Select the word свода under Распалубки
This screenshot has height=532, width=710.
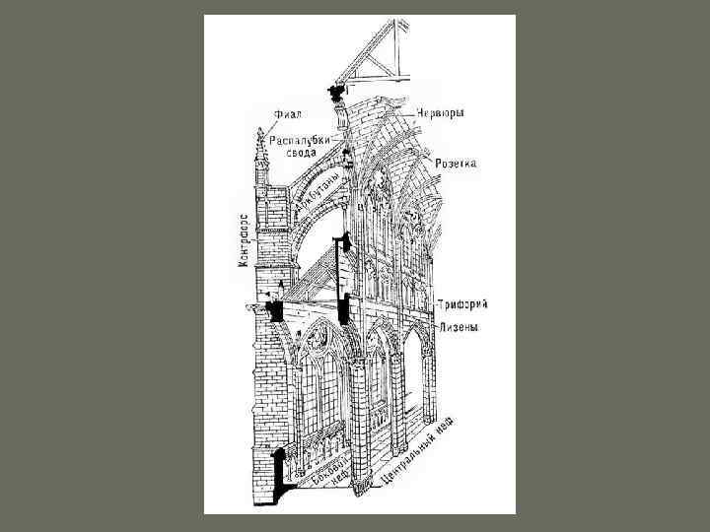coord(301,154)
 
